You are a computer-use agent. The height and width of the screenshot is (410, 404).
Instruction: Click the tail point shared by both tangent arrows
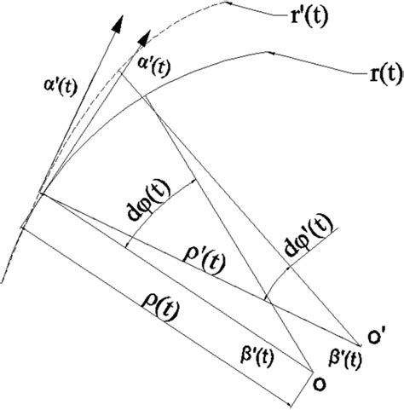tap(38, 197)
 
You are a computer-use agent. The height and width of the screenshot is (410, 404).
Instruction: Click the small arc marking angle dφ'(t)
tap(278, 278)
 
